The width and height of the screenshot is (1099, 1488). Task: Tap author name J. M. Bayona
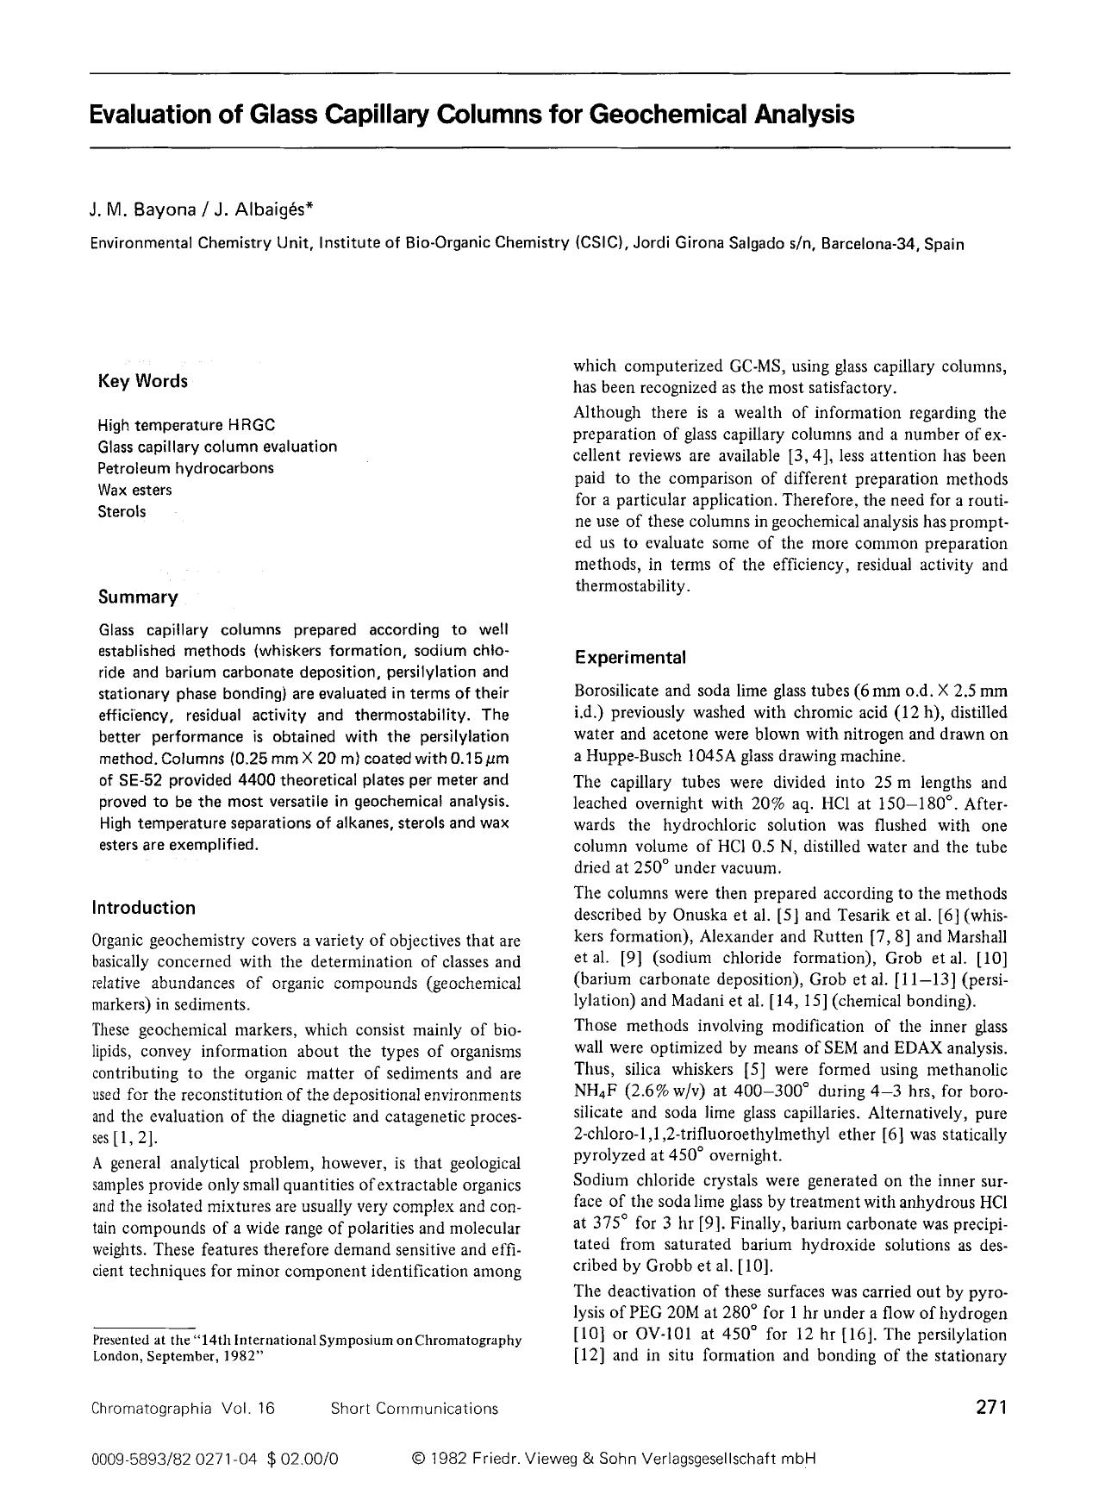pyautogui.click(x=134, y=208)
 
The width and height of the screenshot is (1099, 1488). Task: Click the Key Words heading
pyautogui.click(x=142, y=382)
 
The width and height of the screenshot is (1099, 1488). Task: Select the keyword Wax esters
pyautogui.click(x=134, y=490)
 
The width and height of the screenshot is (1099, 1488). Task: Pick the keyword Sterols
pyautogui.click(x=122, y=511)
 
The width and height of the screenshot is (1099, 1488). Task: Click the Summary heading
pyautogui.click(x=137, y=597)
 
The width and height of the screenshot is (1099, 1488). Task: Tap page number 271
pyautogui.click(x=991, y=1408)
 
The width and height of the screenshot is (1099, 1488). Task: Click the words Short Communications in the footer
pyautogui.click(x=414, y=1409)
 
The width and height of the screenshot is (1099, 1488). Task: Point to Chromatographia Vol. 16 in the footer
pyautogui.click(x=182, y=1409)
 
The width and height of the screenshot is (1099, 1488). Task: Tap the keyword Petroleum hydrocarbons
pyautogui.click(x=185, y=468)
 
